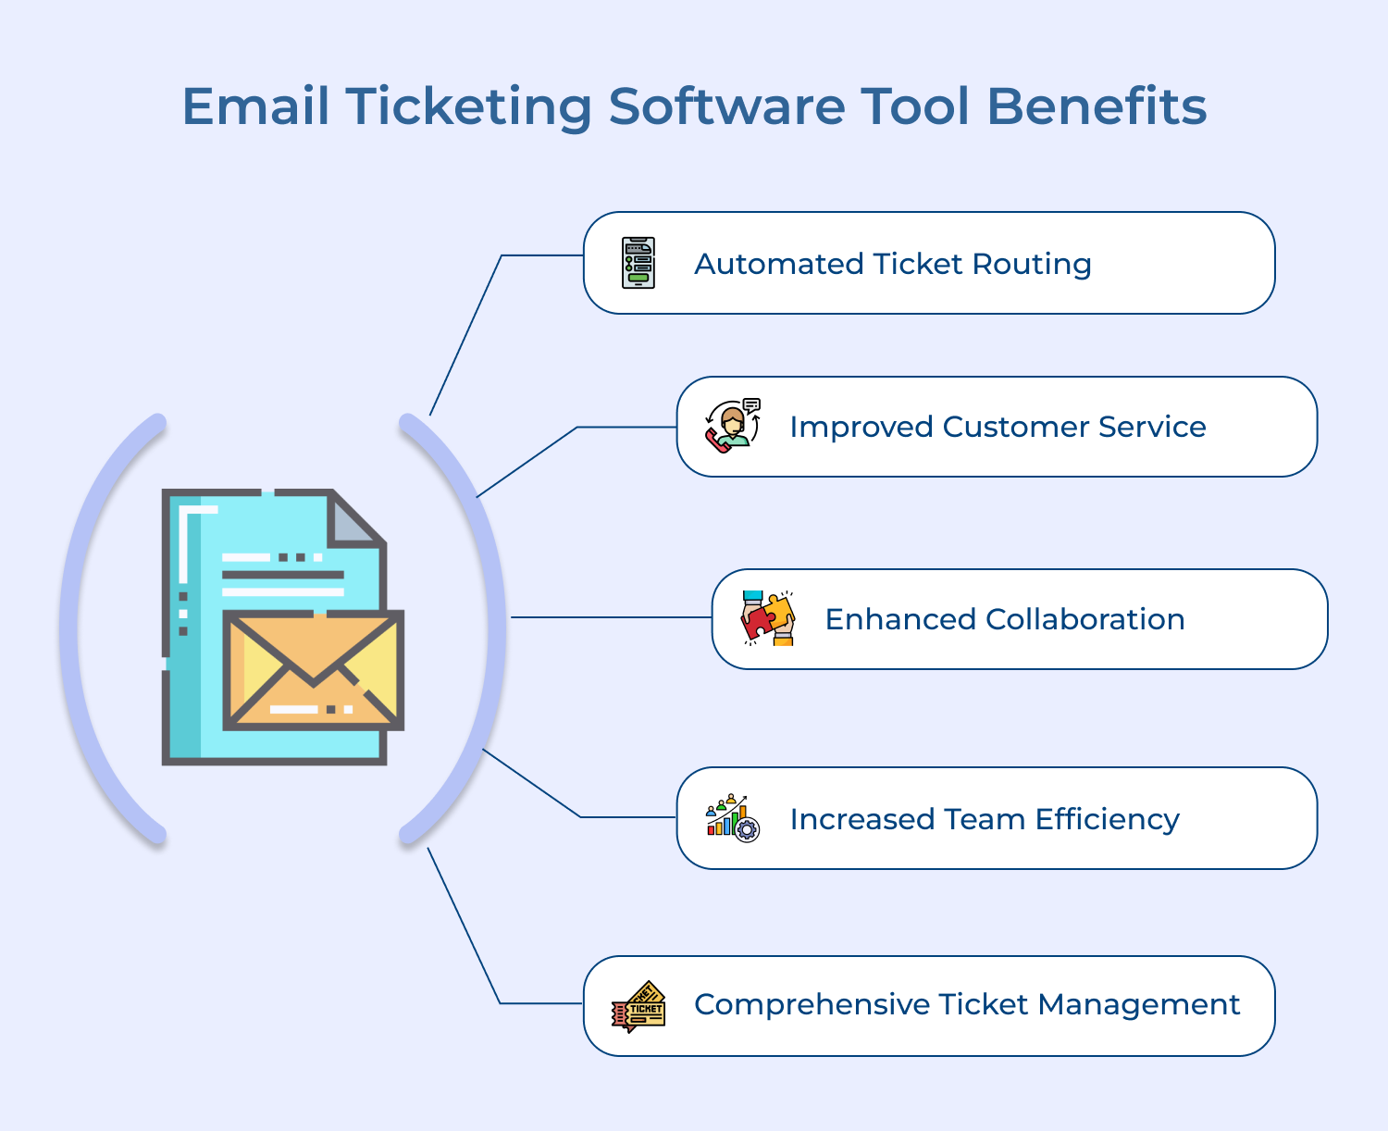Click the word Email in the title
pos(255,106)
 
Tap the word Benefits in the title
pos(1097,106)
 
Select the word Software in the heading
pos(726,106)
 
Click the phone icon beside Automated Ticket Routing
pos(638,263)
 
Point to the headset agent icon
pos(733,427)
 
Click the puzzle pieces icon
pos(768,618)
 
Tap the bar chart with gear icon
pos(733,818)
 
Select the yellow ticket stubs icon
pos(638,1006)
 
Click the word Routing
pos(1032,265)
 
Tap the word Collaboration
pos(1085,619)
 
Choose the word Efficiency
pos(1107,819)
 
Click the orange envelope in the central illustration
pos(314,670)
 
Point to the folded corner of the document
pos(356,519)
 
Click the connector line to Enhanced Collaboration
pos(612,616)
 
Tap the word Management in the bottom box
pos(1138,1004)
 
